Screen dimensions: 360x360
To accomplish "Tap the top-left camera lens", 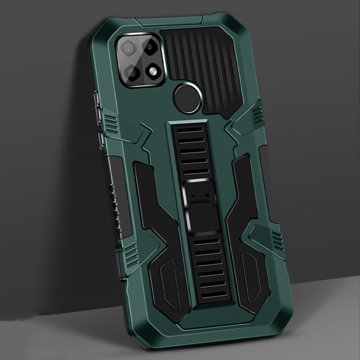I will click(131, 48).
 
